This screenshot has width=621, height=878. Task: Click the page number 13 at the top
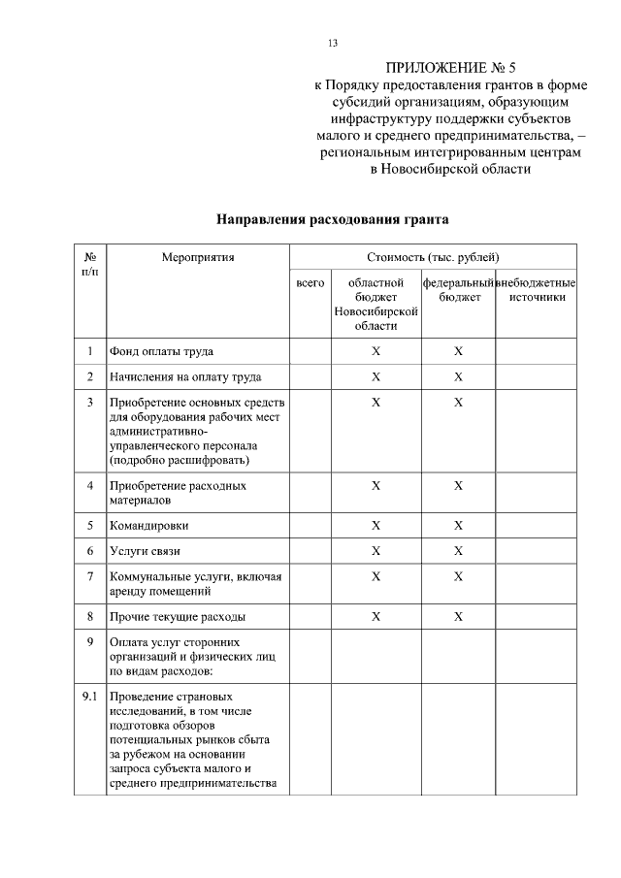click(x=333, y=44)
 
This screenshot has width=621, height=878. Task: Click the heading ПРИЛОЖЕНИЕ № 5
click(x=452, y=68)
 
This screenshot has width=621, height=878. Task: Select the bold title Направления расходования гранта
click(x=332, y=220)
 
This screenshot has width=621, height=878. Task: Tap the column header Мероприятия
click(x=198, y=258)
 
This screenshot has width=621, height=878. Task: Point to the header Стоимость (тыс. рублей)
click(x=433, y=258)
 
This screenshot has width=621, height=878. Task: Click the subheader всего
click(x=310, y=282)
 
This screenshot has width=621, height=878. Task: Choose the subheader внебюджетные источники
click(x=536, y=289)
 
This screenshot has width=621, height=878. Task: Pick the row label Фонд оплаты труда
click(x=162, y=351)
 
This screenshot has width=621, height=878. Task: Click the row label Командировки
click(x=149, y=526)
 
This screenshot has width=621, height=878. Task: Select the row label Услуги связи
click(x=146, y=551)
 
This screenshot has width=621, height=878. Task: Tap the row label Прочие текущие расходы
click(x=178, y=617)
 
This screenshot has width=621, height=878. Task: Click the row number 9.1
click(x=89, y=696)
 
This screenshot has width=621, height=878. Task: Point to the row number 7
click(x=89, y=576)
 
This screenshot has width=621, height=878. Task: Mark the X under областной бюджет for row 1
click(x=376, y=351)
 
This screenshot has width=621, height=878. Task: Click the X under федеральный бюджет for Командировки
click(x=459, y=526)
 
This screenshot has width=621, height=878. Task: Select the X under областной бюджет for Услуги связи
click(x=376, y=551)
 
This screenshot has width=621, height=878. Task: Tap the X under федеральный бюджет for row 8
click(x=459, y=617)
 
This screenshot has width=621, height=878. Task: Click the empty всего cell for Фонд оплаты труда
click(x=310, y=351)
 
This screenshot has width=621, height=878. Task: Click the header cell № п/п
click(x=89, y=265)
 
